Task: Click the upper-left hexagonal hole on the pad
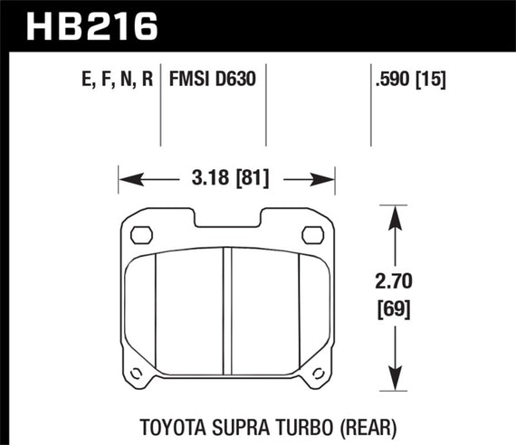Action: [140, 235]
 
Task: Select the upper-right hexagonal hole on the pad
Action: [313, 235]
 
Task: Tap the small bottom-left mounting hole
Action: [137, 374]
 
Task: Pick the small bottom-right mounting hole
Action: [317, 374]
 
